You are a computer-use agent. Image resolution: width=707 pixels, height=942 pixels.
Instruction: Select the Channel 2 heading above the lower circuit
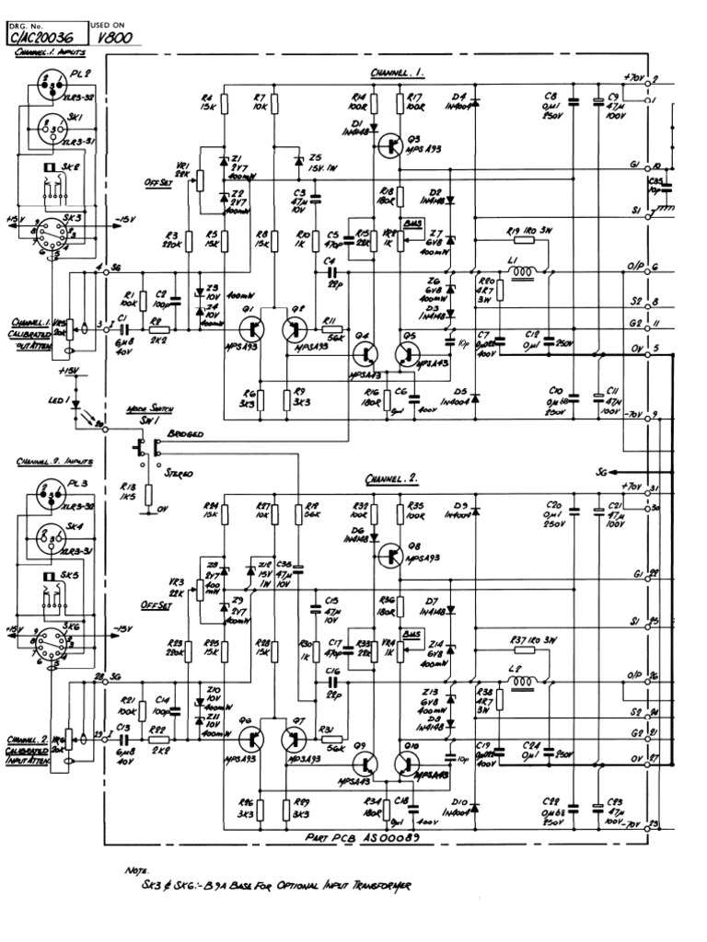tap(391, 479)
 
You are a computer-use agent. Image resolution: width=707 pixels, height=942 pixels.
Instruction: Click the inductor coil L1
tap(524, 272)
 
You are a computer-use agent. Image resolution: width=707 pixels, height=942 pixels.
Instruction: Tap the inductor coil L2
tap(524, 682)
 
